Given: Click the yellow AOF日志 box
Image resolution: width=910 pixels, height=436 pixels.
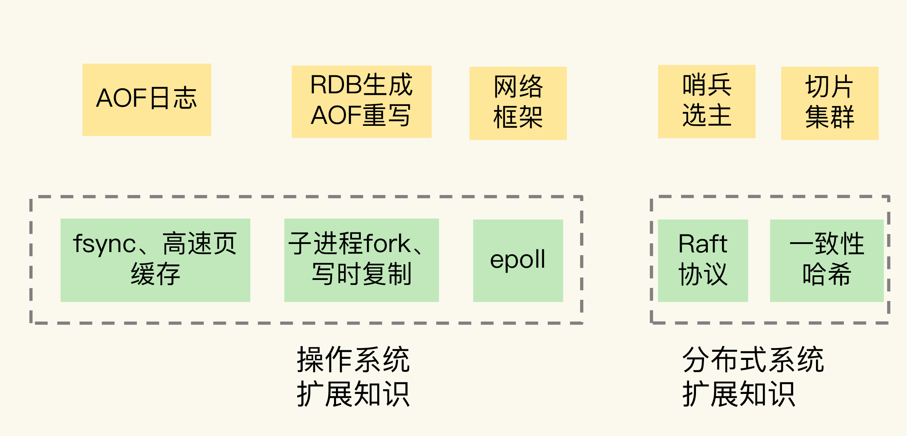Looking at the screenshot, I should [147, 99].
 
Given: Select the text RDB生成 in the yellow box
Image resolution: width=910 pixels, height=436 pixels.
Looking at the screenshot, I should [361, 85].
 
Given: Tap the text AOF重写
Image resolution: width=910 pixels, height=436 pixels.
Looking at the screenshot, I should [361, 116].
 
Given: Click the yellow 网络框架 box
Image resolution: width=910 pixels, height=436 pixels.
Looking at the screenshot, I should [518, 103].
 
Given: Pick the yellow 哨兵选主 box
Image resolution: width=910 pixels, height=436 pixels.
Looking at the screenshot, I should [707, 101].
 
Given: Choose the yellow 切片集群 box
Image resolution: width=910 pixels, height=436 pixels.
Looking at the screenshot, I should [829, 103].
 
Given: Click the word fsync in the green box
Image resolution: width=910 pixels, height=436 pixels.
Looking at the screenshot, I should [104, 244].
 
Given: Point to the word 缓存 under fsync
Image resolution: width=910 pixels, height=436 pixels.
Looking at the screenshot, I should [155, 274].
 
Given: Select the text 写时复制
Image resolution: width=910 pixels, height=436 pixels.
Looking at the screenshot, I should [361, 274].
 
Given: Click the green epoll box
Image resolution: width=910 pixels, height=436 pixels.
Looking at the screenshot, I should [518, 260].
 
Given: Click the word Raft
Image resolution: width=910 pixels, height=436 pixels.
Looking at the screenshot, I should [702, 244].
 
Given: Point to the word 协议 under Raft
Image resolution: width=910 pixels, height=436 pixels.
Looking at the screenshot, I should [702, 274].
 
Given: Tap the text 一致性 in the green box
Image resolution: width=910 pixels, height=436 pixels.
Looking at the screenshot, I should [827, 244].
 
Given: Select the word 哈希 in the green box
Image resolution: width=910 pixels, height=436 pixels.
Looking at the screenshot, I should [827, 274].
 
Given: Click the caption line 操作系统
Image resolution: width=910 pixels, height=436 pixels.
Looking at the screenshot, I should [353, 360].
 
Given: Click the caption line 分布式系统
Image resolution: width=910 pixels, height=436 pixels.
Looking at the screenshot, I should [753, 360].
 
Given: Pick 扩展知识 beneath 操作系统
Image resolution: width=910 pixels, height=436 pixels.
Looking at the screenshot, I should [353, 394].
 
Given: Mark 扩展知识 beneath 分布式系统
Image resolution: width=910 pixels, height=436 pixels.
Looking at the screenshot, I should [738, 394].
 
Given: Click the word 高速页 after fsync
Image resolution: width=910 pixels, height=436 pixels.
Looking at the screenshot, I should [200, 244].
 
